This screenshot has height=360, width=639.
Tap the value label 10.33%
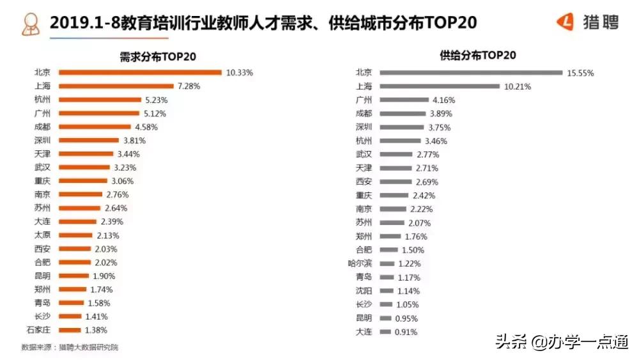click(x=240, y=73)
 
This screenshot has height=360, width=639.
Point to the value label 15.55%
click(x=580, y=73)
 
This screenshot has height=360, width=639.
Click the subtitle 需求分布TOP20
click(x=158, y=56)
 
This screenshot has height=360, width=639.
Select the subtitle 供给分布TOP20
click(x=478, y=56)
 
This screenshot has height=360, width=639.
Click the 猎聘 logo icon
click(x=566, y=23)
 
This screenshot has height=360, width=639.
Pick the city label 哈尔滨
click(x=360, y=263)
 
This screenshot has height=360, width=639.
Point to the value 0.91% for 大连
click(x=406, y=332)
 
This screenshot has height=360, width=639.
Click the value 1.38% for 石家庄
click(x=96, y=330)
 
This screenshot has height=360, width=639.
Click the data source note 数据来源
click(x=70, y=347)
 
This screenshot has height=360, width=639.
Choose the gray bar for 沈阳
click(x=386, y=291)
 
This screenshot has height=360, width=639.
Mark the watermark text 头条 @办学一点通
click(x=562, y=342)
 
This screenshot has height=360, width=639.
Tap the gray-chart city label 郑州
click(x=364, y=236)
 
